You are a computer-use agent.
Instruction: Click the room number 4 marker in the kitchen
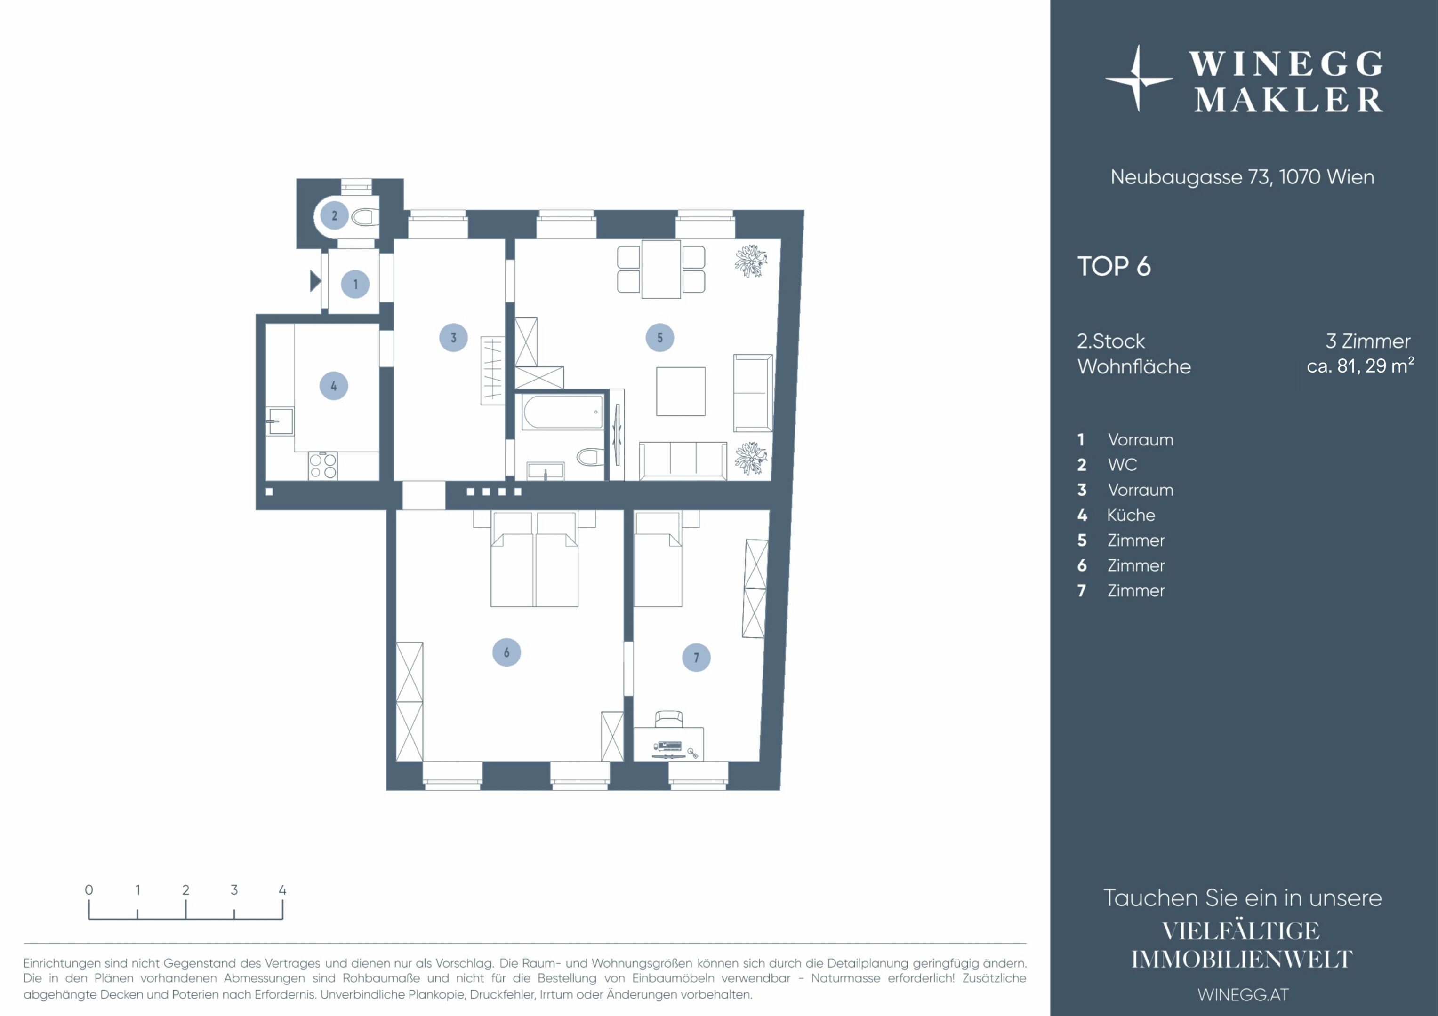pyautogui.click(x=334, y=386)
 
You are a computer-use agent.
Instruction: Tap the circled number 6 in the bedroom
pyautogui.click(x=506, y=652)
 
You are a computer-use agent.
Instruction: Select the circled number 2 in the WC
pyautogui.click(x=335, y=215)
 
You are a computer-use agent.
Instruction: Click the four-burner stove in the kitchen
pyautogui.click(x=322, y=466)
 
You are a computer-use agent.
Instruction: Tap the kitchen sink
pyautogui.click(x=280, y=421)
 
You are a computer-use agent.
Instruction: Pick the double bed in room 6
pyautogui.click(x=534, y=559)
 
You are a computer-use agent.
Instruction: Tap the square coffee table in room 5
pyautogui.click(x=681, y=391)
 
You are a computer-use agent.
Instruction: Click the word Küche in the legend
pyautogui.click(x=1131, y=515)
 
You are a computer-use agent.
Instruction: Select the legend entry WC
pyautogui.click(x=1122, y=465)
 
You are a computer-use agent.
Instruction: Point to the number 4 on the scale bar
pyautogui.click(x=282, y=889)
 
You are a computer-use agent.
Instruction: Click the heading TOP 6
pyautogui.click(x=1114, y=266)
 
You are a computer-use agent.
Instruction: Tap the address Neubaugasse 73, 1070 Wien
pyautogui.click(x=1243, y=177)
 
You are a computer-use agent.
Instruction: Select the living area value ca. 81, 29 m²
pyautogui.click(x=1360, y=365)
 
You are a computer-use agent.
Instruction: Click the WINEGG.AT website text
pyautogui.click(x=1243, y=995)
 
